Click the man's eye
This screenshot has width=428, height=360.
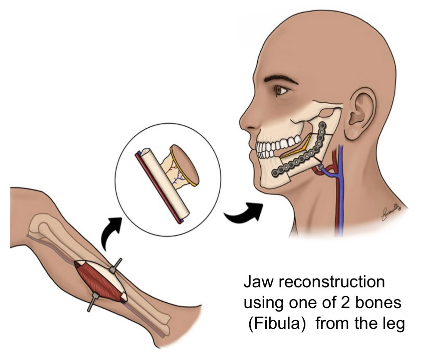pos(280,91)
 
